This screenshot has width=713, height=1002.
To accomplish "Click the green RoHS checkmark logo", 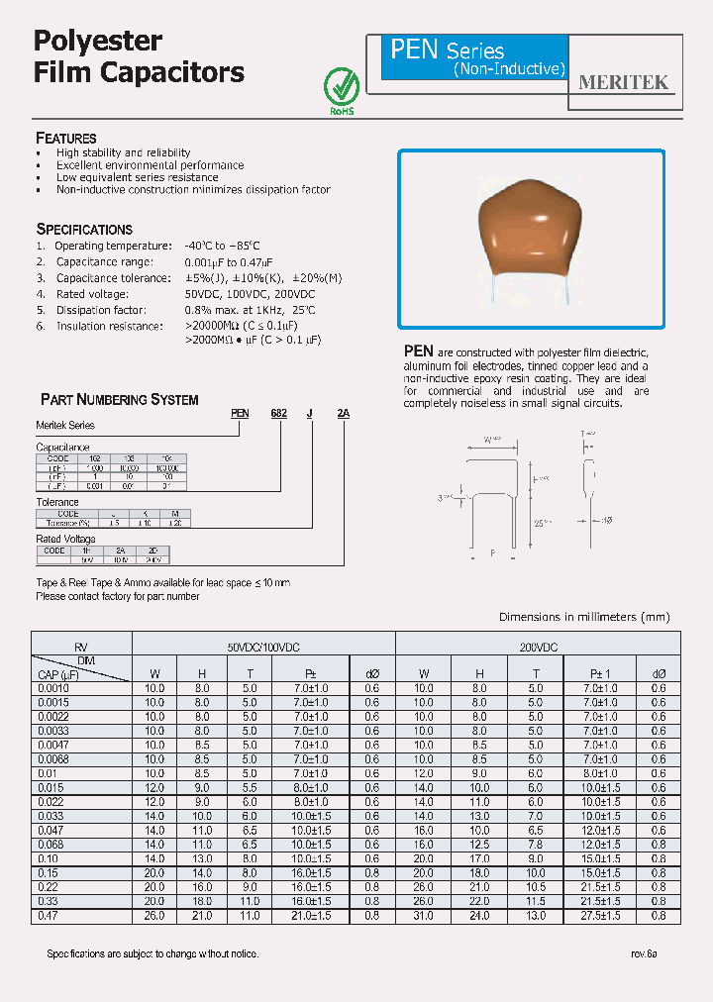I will [x=341, y=87].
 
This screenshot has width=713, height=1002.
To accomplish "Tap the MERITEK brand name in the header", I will [x=623, y=83].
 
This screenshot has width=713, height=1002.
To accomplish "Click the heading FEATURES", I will [x=66, y=139].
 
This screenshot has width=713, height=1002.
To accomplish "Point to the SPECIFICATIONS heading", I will [x=84, y=229].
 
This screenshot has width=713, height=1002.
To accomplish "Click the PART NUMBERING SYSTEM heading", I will [x=119, y=400].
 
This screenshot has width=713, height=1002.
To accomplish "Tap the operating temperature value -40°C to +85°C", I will [x=223, y=246].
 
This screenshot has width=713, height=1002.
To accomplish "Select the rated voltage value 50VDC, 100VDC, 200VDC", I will [x=250, y=294].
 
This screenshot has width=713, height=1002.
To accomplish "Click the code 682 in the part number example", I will [x=279, y=415].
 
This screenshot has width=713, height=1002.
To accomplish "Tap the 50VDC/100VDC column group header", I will [x=263, y=646].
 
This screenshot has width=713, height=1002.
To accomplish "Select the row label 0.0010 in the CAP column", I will [x=52, y=687].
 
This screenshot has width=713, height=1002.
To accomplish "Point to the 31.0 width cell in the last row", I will [x=424, y=917].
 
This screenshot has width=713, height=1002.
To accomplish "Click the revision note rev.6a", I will [x=644, y=953].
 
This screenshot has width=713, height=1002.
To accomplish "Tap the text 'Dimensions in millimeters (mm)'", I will [x=584, y=617].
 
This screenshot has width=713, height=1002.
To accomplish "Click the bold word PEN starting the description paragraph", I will [x=419, y=351].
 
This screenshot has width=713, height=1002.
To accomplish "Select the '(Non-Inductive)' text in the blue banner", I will [x=509, y=69].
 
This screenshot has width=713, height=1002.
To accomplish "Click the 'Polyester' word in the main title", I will [x=98, y=41].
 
